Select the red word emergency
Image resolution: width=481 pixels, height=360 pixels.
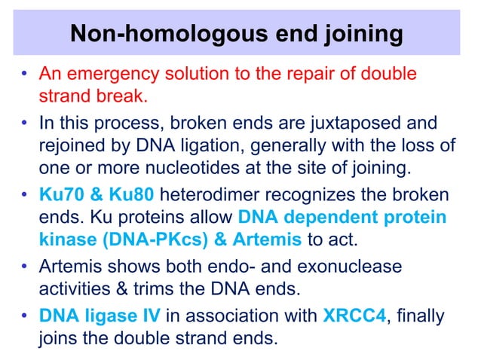coord(103,76)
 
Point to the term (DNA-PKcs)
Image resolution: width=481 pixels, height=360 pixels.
coord(144,239)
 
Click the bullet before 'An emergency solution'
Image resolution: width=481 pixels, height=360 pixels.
coord(26,76)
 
